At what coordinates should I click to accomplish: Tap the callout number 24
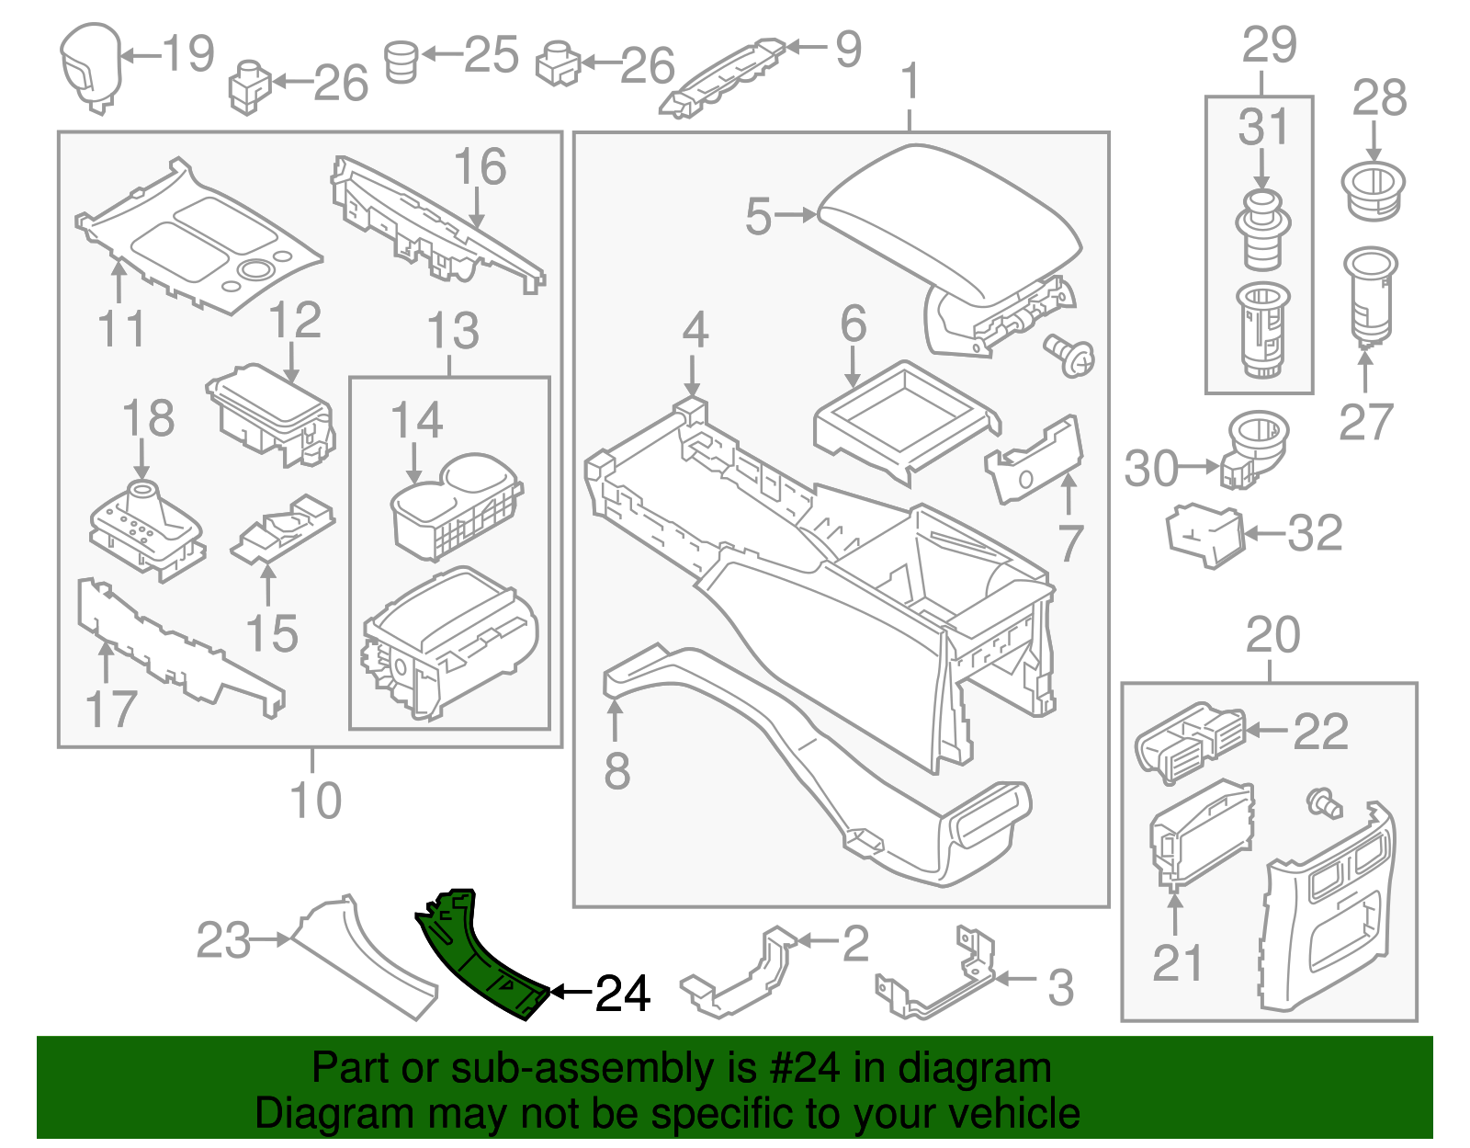coord(623,994)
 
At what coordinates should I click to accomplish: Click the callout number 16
coord(480,167)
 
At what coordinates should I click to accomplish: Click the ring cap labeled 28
coord(1374,190)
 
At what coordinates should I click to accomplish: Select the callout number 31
coord(1263,128)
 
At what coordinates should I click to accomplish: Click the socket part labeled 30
coord(1254,446)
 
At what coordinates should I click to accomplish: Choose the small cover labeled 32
coord(1204,533)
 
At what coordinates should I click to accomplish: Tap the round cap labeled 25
coord(401,61)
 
